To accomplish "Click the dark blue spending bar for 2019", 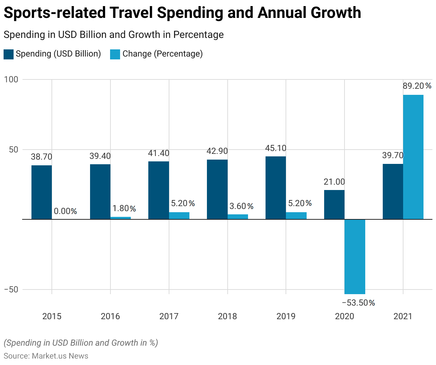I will [276, 188].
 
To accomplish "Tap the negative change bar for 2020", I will [355, 256].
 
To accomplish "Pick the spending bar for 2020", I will [334, 204].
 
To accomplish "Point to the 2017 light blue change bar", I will [179, 215].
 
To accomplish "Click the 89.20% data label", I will [417, 86].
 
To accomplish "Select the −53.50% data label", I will [358, 303].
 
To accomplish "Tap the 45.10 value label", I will [276, 148].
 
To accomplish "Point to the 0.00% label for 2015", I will [65, 211].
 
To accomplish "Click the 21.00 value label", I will [334, 182].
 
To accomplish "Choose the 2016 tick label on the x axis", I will [110, 316].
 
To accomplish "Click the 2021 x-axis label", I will [403, 316].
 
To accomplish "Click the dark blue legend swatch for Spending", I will [9, 54].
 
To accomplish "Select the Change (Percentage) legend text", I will [163, 54].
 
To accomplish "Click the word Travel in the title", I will [131, 13].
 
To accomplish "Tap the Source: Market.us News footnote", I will [46, 356].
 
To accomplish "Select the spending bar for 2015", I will [41, 192].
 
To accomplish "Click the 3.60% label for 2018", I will [241, 206].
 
